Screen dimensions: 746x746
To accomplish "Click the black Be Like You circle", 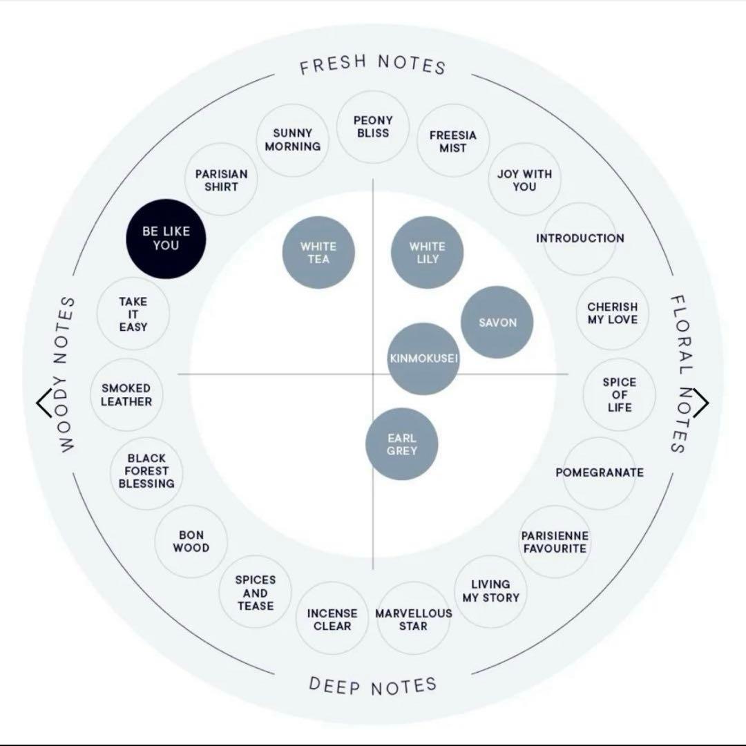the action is click(x=166, y=238).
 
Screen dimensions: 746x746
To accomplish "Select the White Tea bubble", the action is click(x=318, y=253).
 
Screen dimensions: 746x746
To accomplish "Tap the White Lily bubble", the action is click(x=428, y=253).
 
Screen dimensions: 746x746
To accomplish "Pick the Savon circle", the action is click(x=497, y=322).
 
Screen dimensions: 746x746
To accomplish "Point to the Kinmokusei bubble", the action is click(x=423, y=358).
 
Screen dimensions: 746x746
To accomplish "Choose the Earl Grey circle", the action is click(x=401, y=444).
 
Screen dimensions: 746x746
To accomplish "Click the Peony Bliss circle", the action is click(x=373, y=127).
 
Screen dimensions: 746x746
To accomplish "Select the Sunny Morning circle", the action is click(x=293, y=140).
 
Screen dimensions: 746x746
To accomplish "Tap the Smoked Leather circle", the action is click(x=126, y=395).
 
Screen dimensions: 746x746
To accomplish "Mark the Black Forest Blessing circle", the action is click(x=146, y=473).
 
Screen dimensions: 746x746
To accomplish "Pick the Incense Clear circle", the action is click(x=332, y=618).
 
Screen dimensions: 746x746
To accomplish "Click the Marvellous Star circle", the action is click(x=414, y=618).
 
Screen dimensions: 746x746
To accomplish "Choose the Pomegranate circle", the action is click(x=600, y=473).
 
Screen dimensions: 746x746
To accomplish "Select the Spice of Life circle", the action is click(x=619, y=395).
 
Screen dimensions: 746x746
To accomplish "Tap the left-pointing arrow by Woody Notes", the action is click(x=44, y=403).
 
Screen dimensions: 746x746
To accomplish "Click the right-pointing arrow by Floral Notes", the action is click(x=701, y=403).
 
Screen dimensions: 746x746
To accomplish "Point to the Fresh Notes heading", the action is click(x=373, y=65).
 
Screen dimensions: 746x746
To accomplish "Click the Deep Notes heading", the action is click(x=373, y=686).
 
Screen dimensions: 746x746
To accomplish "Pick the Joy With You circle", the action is click(x=524, y=180).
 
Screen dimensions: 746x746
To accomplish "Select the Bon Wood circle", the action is click(x=191, y=542).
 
